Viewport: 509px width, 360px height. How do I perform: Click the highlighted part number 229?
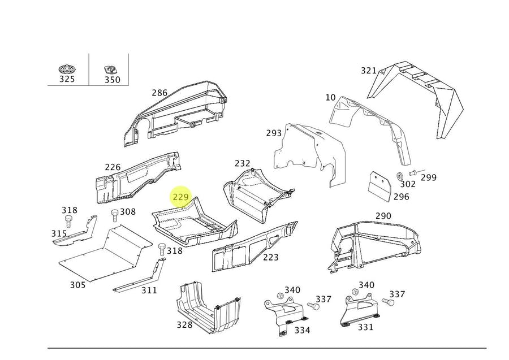tap(181, 197)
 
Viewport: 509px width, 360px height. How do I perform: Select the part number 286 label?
tap(159, 93)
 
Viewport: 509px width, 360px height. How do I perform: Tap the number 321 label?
tap(369, 71)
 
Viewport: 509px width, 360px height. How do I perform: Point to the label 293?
tap(274, 133)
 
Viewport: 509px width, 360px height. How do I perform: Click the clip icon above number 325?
tap(67, 70)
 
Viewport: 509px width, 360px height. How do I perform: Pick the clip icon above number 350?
tap(111, 70)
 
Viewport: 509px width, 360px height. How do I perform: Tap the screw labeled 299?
tap(412, 171)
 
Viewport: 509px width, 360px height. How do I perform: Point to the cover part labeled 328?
tap(206, 308)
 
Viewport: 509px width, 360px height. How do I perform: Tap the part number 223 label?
tap(270, 257)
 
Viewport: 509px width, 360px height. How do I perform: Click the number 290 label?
tap(383, 216)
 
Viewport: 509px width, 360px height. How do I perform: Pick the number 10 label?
tap(330, 98)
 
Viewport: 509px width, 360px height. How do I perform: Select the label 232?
tap(242, 164)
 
